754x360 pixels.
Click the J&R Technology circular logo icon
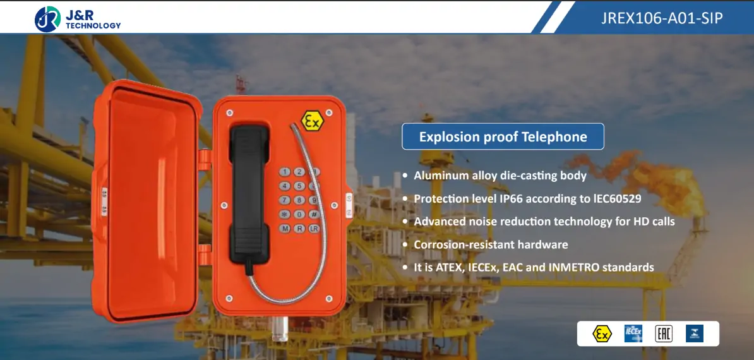48,19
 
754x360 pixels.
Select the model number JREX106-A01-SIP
662,18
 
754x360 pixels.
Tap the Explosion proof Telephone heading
503,136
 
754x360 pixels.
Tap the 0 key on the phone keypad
299,214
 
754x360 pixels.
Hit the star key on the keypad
285,214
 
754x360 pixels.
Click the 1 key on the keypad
285,172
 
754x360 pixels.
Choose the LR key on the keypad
314,228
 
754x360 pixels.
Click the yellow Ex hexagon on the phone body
311,121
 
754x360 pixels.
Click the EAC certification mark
663,333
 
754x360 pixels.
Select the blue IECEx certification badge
633,333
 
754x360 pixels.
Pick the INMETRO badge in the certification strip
695,333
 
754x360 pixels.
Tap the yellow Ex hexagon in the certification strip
602,333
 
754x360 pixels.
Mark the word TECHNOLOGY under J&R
93,26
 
